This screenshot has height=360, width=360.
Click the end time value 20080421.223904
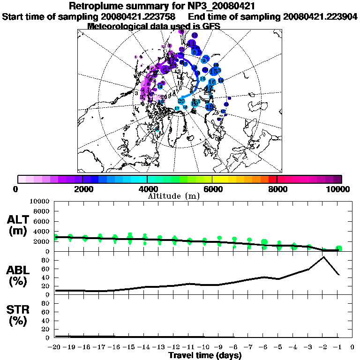[320, 16]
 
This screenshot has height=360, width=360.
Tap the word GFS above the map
[211, 26]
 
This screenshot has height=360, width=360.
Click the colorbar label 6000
[212, 189]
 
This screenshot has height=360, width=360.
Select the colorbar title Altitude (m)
[173, 196]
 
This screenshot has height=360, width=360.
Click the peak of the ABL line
[323, 256]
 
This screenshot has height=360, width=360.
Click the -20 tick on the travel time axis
[55, 347]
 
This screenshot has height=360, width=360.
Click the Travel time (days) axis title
[205, 356]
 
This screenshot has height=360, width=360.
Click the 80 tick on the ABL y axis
[46, 260]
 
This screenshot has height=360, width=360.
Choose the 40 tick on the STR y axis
[46, 321]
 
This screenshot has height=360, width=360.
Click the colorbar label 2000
[82, 189]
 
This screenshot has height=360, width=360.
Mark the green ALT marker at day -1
[338, 248]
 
